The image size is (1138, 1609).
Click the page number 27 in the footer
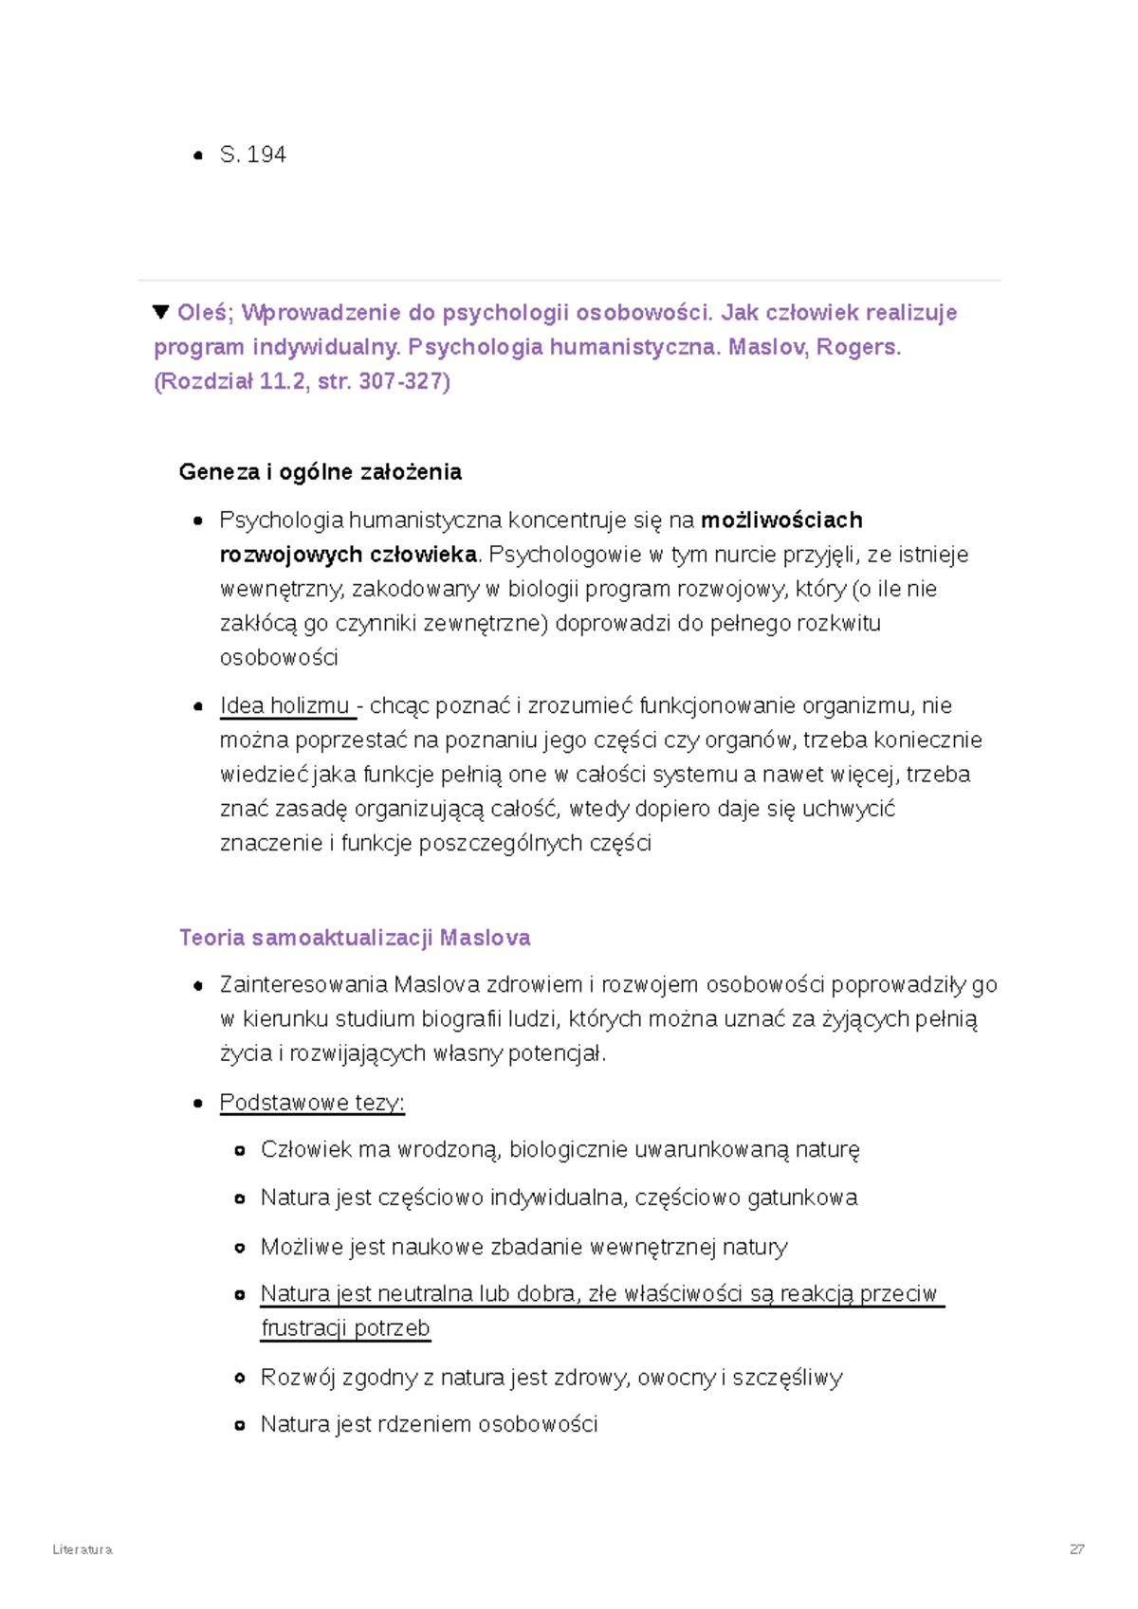pos(1076,1549)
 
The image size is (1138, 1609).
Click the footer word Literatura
pos(83,1549)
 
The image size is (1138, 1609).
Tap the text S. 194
pos(252,155)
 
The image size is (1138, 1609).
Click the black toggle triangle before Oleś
pos(160,312)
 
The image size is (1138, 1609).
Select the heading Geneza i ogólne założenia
pos(320,472)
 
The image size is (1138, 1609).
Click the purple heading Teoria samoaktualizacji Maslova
pos(355,938)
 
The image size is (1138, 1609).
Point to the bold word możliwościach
pos(781,520)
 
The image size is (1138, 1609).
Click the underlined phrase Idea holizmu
pos(284,705)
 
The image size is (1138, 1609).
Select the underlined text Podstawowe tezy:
pos(312,1103)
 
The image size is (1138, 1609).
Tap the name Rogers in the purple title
pos(856,347)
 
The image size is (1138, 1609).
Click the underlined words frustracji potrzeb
pos(345,1327)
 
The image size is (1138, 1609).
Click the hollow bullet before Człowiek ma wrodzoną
pos(240,1150)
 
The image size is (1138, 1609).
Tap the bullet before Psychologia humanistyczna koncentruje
pos(198,521)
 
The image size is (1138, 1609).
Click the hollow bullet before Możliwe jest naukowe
pos(240,1247)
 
